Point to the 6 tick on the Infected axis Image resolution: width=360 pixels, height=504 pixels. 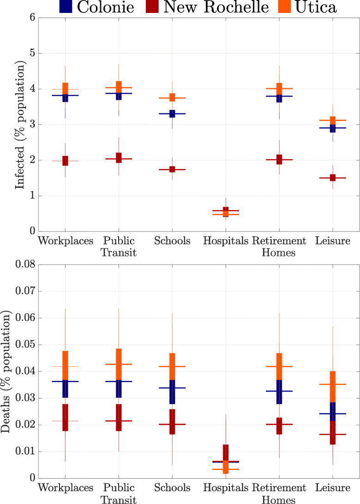pos(32,18)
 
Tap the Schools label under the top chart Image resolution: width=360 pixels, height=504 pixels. pos(172,241)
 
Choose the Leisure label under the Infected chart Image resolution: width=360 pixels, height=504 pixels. pos(332,241)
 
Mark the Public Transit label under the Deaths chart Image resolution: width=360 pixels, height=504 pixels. pos(118,493)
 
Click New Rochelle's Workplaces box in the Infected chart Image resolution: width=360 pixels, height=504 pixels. pos(65,161)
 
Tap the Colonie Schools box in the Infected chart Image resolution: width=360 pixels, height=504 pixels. pos(172,114)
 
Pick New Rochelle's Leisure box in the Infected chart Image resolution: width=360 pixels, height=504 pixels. pos(332,178)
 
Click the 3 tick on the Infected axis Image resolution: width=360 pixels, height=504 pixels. pos(32,125)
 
